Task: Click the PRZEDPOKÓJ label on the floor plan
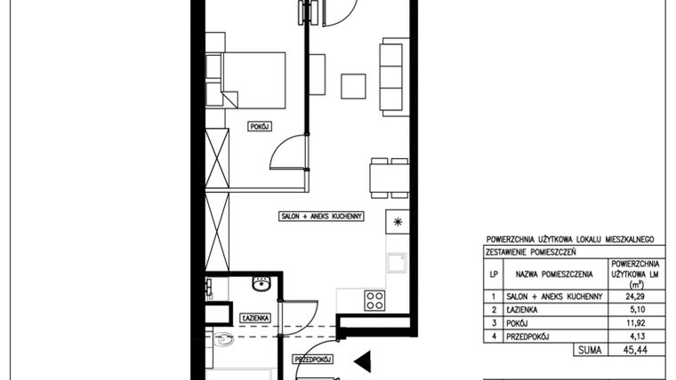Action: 312,360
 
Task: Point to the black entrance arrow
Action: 361,360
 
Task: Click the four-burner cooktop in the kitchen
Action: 375,299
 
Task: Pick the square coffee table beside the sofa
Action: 354,85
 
